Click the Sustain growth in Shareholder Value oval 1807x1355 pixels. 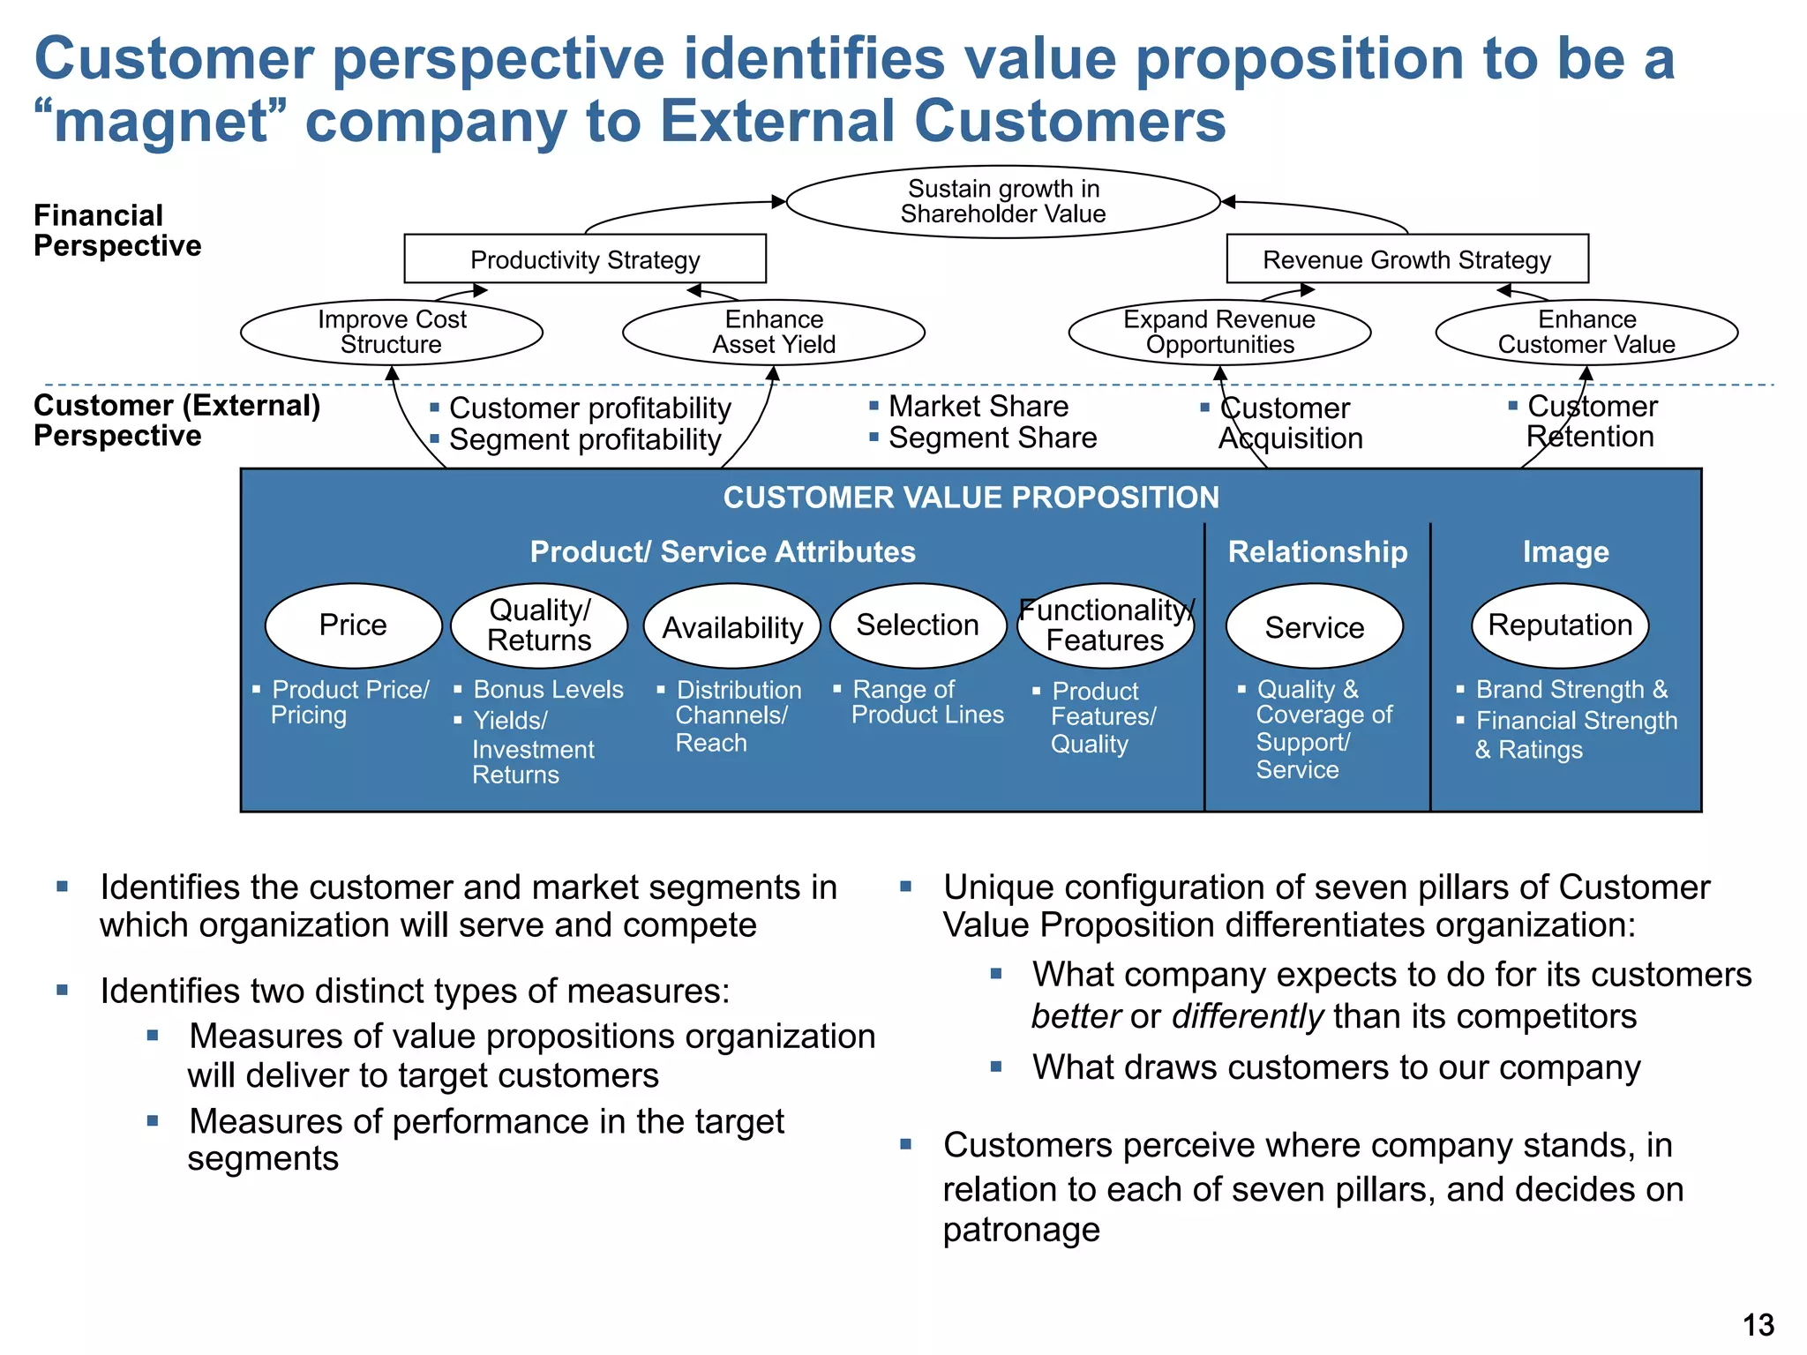coord(1003,202)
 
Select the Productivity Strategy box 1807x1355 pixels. coord(585,259)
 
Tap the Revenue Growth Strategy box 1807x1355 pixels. coord(1407,259)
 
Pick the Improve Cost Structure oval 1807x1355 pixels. coord(392,333)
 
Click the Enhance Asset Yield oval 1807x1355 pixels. coord(774,333)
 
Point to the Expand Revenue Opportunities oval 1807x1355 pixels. coord(1219,333)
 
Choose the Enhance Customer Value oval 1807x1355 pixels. coord(1586,333)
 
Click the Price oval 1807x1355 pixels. coord(353,625)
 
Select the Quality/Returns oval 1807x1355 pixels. coord(539,625)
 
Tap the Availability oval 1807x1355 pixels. coord(732,627)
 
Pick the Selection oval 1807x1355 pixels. coord(918,625)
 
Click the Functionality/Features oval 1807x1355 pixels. coord(1106,625)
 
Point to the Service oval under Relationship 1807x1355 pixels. coord(1315,627)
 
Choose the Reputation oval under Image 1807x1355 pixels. coord(1560,625)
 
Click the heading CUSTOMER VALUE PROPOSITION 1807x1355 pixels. coord(971,498)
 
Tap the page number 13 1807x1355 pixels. coord(1758,1325)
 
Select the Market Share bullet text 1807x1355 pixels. coord(978,407)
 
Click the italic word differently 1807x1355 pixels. coord(1248,1016)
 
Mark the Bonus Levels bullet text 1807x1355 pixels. coord(548,690)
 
